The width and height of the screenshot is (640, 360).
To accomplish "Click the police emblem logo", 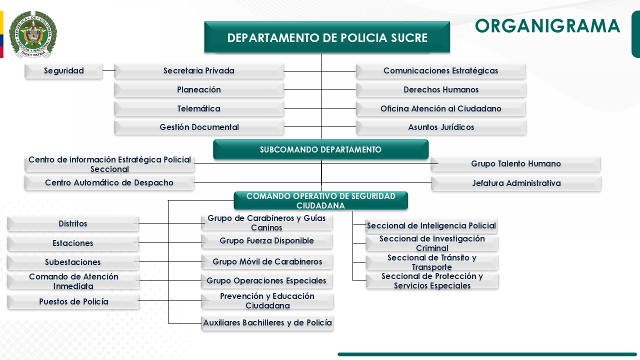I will (x=32, y=34).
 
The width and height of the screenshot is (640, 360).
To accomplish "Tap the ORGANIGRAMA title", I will (x=547, y=26).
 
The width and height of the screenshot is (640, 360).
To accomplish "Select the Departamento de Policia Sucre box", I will (x=327, y=37).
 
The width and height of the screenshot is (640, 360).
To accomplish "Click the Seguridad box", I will (x=63, y=71).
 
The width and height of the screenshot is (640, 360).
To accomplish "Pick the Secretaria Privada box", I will (x=199, y=71).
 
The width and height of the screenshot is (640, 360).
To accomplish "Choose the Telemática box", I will (x=199, y=109).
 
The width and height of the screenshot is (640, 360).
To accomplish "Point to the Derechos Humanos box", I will (x=441, y=90).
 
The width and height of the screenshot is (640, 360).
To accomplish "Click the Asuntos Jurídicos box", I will (x=441, y=127).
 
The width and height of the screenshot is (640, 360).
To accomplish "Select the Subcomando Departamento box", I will (x=320, y=149).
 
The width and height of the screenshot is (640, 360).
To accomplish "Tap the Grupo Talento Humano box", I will (x=515, y=164).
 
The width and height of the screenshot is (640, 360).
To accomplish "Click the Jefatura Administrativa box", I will (x=516, y=183).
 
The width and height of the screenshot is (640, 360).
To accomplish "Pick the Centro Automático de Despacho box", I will (x=109, y=183).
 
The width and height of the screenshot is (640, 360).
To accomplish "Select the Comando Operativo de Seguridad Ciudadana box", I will (x=320, y=201).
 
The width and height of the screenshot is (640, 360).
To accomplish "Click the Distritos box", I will (x=73, y=224).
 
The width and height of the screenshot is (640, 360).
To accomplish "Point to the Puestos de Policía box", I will (x=73, y=302).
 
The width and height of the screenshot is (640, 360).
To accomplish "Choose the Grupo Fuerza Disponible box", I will (x=266, y=241).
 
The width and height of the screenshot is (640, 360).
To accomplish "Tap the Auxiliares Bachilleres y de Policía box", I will (x=267, y=323).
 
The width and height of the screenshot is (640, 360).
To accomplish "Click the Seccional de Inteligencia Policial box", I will (x=431, y=226).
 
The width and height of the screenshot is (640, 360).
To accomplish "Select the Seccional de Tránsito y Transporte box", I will (x=431, y=262).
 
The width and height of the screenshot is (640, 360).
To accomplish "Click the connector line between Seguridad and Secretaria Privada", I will (x=108, y=71).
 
